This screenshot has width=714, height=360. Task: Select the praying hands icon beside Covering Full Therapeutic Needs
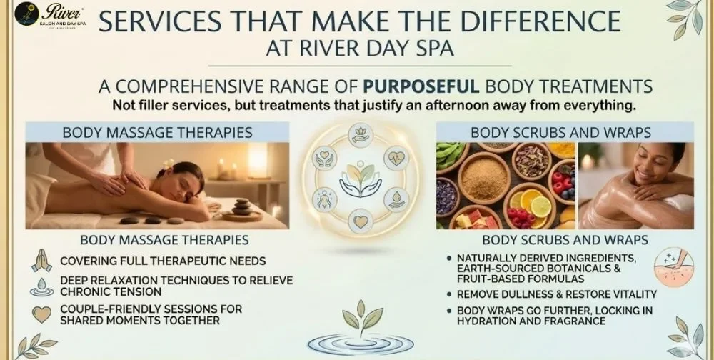[41, 261]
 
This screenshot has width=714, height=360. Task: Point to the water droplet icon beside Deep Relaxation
[41, 286]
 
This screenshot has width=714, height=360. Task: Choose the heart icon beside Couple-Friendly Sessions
[41, 314]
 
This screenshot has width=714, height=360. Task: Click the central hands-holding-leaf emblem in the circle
[360, 180]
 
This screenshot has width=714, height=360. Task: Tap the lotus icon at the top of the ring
[360, 134]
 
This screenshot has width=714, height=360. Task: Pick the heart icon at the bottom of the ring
[360, 222]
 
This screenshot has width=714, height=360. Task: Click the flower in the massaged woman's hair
[169, 164]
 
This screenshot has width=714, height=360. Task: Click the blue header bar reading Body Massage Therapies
[157, 132]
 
